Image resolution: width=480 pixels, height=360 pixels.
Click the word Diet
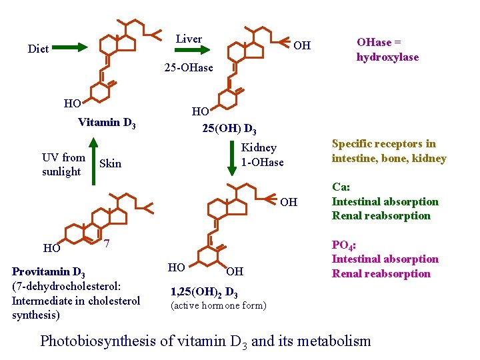click(x=38, y=49)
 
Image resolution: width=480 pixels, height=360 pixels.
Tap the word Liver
click(x=189, y=39)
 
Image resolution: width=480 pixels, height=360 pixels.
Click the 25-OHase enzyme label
click(x=189, y=67)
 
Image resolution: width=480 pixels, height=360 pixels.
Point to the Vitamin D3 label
click(x=107, y=123)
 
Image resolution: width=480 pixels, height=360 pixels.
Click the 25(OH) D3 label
click(x=229, y=128)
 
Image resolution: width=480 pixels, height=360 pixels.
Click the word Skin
click(x=110, y=163)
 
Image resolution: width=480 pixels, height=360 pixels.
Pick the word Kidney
click(x=259, y=147)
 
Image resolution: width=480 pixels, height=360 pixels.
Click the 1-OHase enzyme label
click(x=262, y=162)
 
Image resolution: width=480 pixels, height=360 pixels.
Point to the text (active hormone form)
click(x=219, y=306)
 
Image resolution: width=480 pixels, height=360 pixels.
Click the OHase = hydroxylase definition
click(x=387, y=49)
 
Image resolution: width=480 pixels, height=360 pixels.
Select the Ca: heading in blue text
click(x=341, y=187)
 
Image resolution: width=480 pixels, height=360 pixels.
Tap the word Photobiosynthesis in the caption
click(x=97, y=341)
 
